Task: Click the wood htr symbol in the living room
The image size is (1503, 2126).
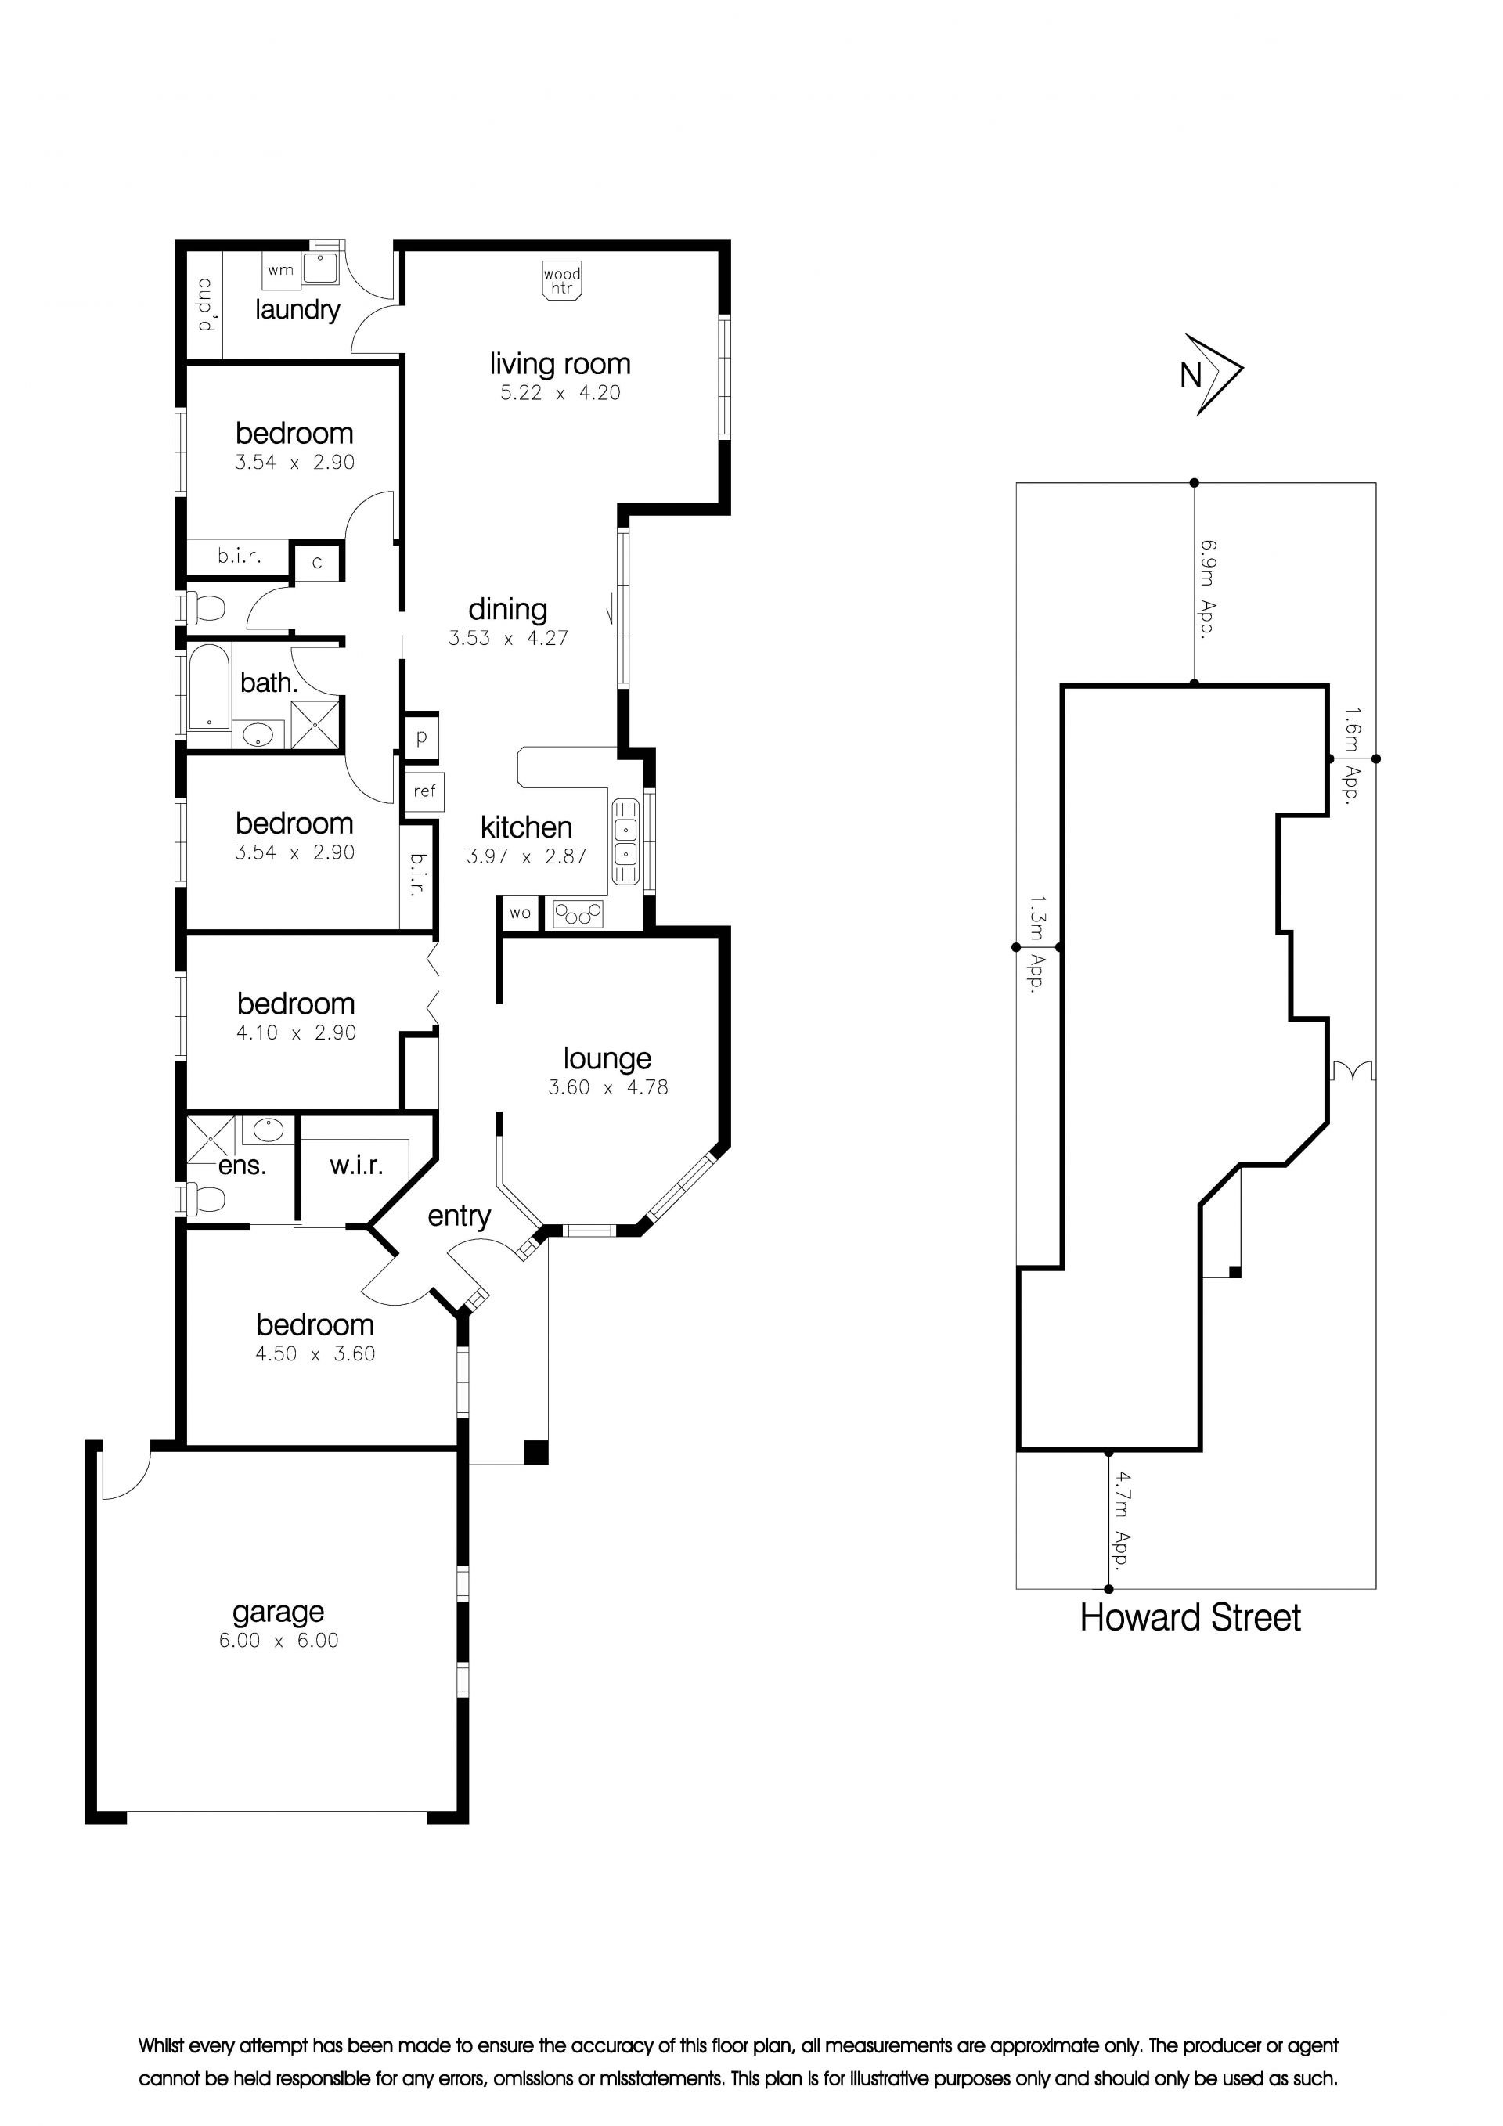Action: (562, 280)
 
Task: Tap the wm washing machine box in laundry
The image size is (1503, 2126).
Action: (279, 270)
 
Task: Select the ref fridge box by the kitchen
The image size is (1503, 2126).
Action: (424, 791)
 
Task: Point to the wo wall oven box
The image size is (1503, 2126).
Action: (520, 913)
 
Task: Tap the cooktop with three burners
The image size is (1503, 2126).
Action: (578, 915)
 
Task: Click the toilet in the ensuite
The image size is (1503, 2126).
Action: (206, 1200)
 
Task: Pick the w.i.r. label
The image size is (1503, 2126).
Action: (356, 1165)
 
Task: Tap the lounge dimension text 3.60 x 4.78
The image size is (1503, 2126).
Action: (607, 1087)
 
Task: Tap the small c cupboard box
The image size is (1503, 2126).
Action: (317, 561)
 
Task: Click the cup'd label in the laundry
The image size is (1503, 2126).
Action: (206, 304)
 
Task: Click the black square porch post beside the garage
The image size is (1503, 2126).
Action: (536, 1452)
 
